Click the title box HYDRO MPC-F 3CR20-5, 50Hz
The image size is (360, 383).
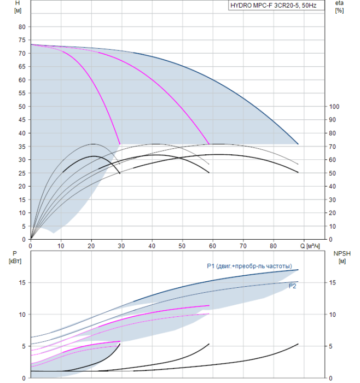(276, 5)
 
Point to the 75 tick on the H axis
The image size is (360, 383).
(22, 40)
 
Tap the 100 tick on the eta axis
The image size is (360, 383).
(334, 107)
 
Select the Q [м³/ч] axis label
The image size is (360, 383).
(310, 246)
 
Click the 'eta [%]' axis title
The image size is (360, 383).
(339, 7)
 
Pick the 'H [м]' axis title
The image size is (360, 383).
(18, 7)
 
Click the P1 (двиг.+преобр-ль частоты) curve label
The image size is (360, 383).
(249, 266)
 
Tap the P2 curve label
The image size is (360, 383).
(292, 286)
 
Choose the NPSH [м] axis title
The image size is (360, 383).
(342, 257)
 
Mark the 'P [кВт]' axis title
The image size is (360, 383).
(15, 257)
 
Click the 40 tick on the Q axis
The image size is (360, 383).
(152, 246)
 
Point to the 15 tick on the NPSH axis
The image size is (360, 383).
(333, 283)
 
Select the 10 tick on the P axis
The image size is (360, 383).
(22, 315)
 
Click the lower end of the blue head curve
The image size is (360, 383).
(298, 144)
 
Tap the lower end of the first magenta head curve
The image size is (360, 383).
(120, 144)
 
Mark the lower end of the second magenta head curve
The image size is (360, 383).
(209, 144)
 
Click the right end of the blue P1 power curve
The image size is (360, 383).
(298, 270)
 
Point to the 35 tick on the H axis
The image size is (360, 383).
(22, 147)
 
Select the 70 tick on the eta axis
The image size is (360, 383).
(333, 147)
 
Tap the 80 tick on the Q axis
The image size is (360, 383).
(273, 246)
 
